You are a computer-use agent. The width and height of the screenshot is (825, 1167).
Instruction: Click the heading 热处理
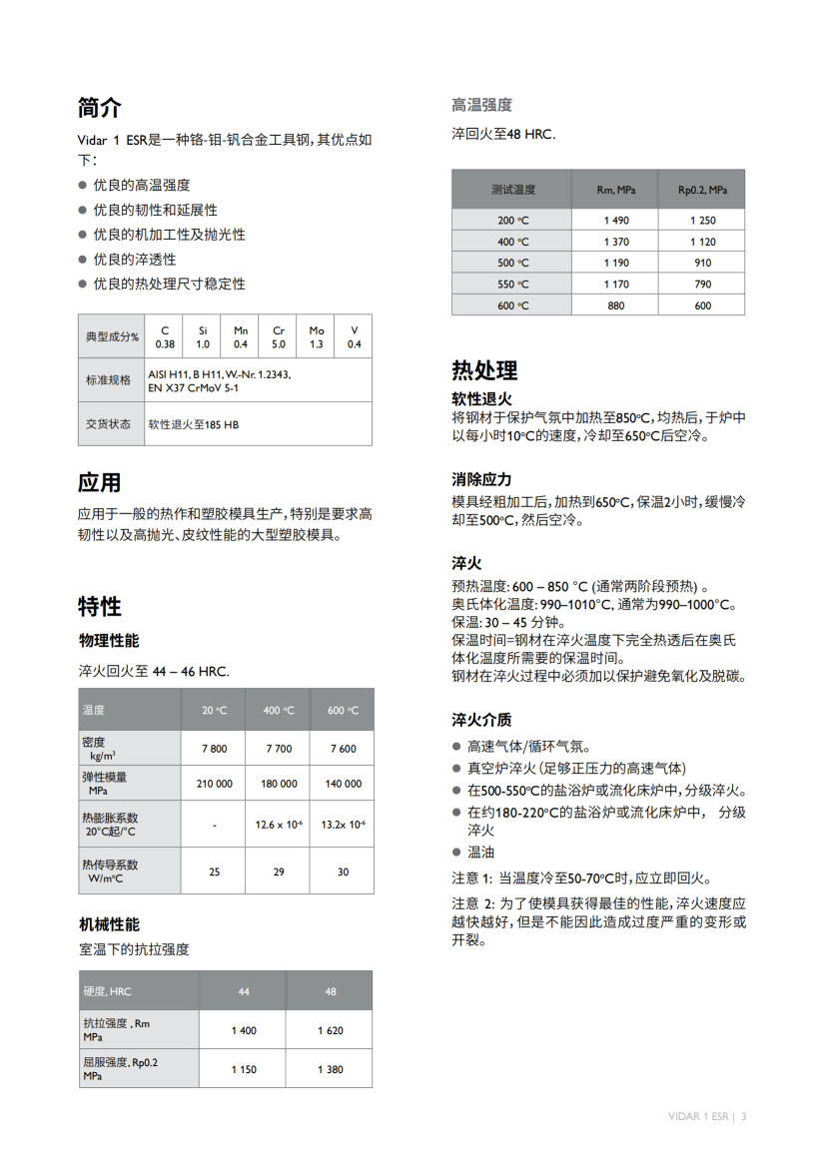484,370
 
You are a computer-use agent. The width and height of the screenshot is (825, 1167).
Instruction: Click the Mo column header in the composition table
317,330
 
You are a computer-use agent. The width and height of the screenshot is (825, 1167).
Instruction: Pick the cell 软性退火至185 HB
194,424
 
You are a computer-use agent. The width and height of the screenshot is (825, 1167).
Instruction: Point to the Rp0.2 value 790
703,284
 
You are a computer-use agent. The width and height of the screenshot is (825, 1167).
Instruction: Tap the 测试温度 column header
513,190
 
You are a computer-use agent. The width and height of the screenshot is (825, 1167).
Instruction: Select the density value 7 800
214,748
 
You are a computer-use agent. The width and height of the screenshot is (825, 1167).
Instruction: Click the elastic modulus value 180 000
279,784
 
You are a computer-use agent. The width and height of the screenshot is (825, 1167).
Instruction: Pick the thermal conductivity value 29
279,872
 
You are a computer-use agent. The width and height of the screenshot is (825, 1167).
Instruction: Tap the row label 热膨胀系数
111,818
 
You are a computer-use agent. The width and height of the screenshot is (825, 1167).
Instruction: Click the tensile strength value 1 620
330,1030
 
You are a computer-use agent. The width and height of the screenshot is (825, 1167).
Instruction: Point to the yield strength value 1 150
244,1069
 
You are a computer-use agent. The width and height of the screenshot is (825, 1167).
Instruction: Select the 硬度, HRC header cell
108,991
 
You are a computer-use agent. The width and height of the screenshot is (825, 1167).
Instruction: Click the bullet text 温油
480,853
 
